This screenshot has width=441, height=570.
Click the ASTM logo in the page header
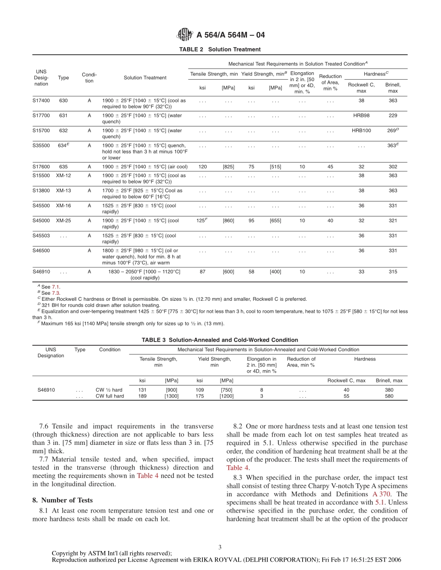point(184,35)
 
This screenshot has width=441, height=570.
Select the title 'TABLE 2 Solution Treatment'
point(220,50)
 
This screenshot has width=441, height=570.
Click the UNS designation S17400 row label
point(41,101)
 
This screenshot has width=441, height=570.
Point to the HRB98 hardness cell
point(361,115)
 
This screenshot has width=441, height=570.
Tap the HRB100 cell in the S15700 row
point(361,131)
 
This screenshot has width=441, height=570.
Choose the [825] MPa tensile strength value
point(228,167)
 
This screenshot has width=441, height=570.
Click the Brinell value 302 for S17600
point(393,167)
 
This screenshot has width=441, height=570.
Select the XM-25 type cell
point(63,221)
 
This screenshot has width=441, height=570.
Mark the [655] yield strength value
point(275,221)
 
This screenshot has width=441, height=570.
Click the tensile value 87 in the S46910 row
point(202,272)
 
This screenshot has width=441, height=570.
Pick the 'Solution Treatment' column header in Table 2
point(145,78)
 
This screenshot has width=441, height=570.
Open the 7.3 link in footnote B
point(56,293)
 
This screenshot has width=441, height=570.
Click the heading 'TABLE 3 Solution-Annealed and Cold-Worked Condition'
point(220,340)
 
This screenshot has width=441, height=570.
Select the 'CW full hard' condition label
point(110,396)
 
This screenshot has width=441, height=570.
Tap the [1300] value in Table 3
point(171,396)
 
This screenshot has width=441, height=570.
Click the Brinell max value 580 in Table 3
point(389,396)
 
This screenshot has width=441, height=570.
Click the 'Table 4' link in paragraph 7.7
point(147,475)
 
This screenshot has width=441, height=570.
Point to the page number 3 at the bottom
point(220,547)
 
